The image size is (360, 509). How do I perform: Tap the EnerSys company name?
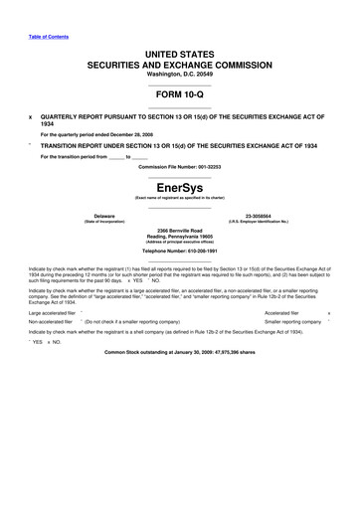179,186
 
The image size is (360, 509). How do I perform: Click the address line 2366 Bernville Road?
179,230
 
